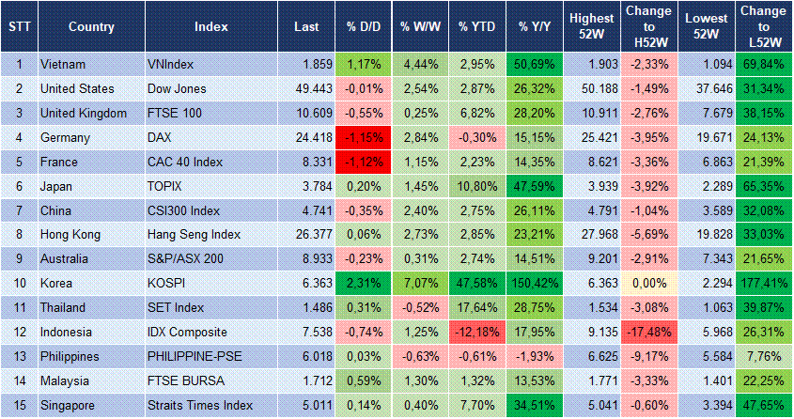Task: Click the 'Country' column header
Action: pyautogui.click(x=91, y=26)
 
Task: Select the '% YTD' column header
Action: pyautogui.click(x=477, y=26)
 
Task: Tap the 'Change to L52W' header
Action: pyautogui.click(x=763, y=26)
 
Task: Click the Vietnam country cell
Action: pyautogui.click(x=64, y=64)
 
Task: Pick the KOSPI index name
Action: pyautogui.click(x=168, y=283)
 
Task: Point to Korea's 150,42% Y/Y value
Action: pyautogui.click(x=536, y=283)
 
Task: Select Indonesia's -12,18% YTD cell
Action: pyautogui.click(x=477, y=332)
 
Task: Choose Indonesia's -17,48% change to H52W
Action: pyautogui.click(x=647, y=332)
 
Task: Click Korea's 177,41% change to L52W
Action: pyautogui.click(x=763, y=283)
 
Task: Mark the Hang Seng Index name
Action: pyautogui.click(x=195, y=234)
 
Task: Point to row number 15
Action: pyautogui.click(x=18, y=405)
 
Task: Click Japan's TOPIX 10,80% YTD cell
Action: pyautogui.click(x=477, y=186)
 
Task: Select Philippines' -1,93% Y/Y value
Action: pyautogui.click(x=536, y=356)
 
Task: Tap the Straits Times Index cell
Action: pyautogui.click(x=200, y=405)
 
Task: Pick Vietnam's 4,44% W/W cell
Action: pyautogui.click(x=420, y=64)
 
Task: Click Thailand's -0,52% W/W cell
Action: pyautogui.click(x=420, y=307)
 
